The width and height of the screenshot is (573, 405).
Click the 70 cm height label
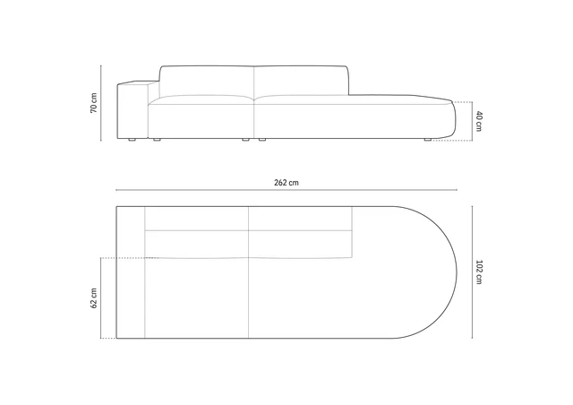pyautogui.click(x=94, y=103)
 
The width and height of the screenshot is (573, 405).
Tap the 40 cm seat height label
pyautogui.click(x=479, y=121)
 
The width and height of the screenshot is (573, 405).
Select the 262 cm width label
pyautogui.click(x=286, y=183)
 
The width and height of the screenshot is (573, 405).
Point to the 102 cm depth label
pyautogui.click(x=479, y=271)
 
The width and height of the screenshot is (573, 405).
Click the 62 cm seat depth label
pyautogui.click(x=94, y=298)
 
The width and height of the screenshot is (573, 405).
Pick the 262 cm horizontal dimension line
pyautogui.click(x=286, y=190)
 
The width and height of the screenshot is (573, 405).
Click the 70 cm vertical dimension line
pyautogui.click(x=101, y=103)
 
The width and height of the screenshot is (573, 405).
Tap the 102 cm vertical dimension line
pyautogui.click(x=472, y=271)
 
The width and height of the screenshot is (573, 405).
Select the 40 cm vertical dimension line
pyautogui.click(x=472, y=121)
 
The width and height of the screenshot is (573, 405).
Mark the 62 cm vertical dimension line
pyautogui.click(x=101, y=298)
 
